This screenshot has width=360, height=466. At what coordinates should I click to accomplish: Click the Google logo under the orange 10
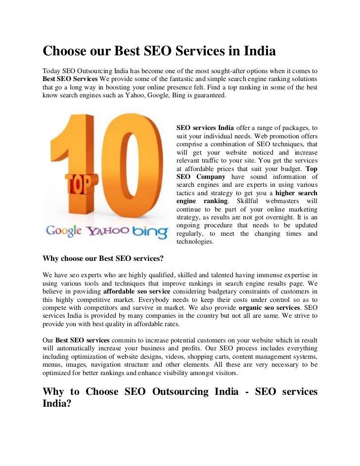64,231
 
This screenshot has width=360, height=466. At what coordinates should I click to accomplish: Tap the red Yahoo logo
108,231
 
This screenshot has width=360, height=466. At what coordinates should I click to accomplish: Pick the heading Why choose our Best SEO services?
103,258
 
